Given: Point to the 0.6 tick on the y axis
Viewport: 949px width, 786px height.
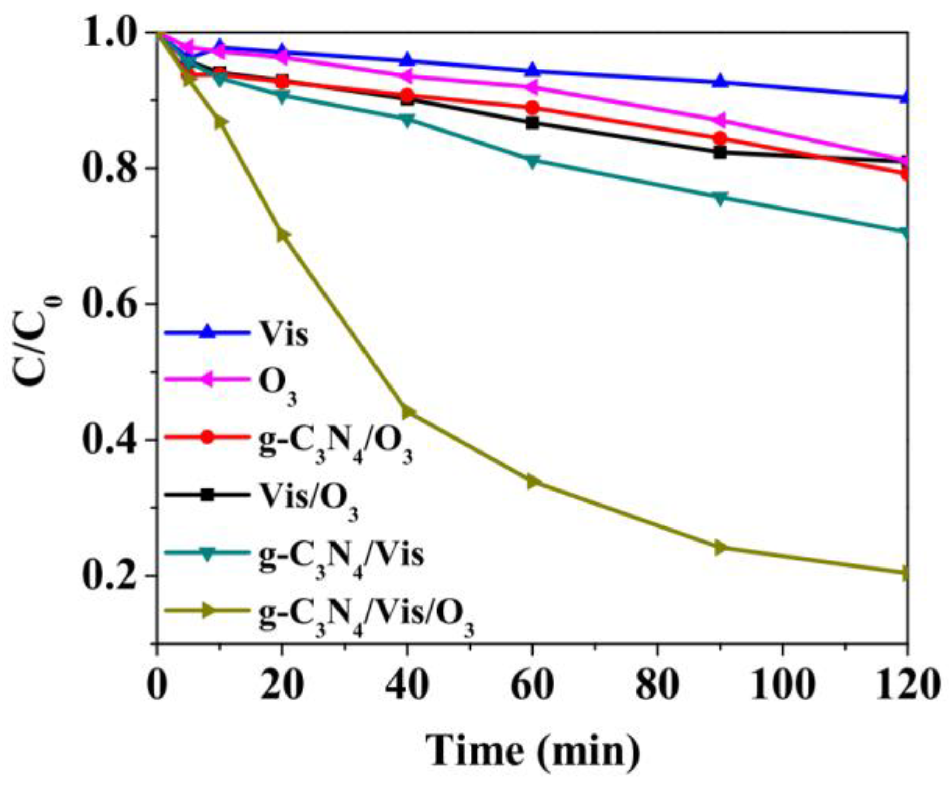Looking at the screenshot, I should tap(108, 304).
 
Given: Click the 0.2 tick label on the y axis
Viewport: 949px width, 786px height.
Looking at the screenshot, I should tap(108, 576).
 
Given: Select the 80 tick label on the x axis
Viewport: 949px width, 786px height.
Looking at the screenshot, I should tap(657, 686).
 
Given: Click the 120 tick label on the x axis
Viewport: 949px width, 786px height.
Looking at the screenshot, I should tap(907, 686).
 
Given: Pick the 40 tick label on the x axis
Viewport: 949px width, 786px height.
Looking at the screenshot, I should tap(407, 686).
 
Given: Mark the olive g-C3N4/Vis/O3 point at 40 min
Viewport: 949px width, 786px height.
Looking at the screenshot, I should tap(408, 413).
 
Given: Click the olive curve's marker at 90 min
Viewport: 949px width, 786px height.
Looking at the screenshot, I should tap(720, 547).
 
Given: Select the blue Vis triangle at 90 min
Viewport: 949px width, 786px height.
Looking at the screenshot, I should tap(720, 81).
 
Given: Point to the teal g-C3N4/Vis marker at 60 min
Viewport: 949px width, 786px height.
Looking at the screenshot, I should tap(532, 161).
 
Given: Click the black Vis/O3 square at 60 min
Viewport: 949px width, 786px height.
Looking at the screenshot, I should tap(532, 123).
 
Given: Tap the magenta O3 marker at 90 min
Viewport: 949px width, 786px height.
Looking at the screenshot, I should tap(720, 121).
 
